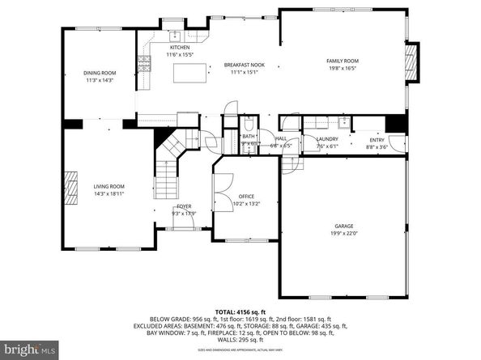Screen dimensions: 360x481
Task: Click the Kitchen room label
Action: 180,48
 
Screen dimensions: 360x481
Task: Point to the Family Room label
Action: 343,61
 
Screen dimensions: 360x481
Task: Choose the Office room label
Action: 246,197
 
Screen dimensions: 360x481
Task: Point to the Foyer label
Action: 185,206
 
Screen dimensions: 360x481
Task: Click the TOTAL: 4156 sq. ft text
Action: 240,311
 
